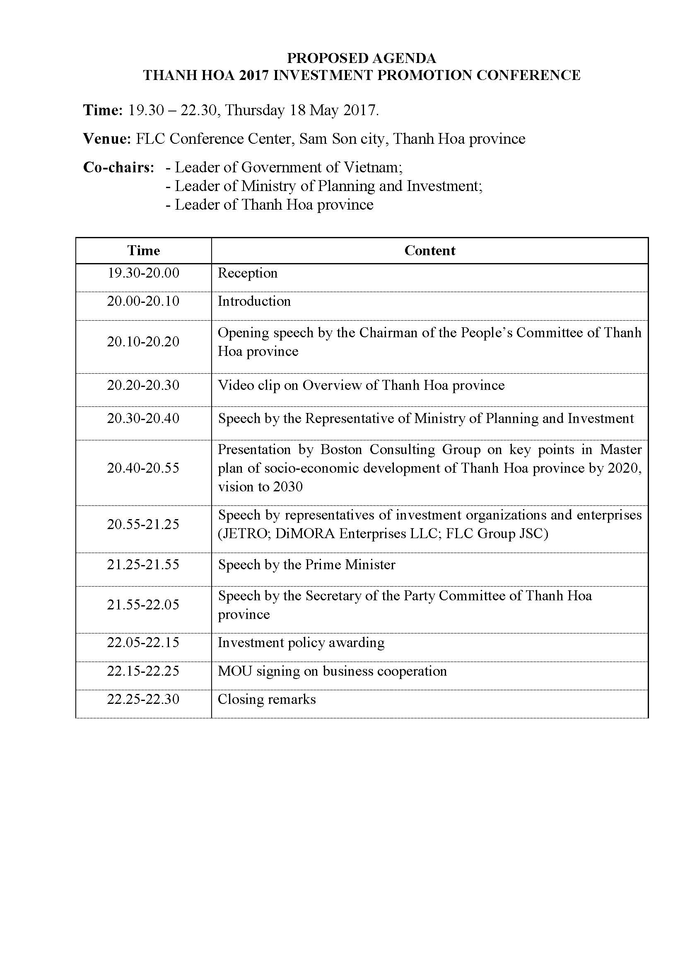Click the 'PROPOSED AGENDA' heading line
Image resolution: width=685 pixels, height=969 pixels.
[362, 58]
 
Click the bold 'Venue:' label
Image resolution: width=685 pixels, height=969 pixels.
[107, 139]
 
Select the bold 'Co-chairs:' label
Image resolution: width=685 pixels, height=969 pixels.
[118, 167]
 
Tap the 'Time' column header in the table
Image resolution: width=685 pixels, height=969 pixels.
[143, 251]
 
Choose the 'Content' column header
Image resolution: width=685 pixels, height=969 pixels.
[429, 251]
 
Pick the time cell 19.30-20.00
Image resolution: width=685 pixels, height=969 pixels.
[143, 273]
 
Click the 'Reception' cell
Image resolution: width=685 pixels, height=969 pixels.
[248, 273]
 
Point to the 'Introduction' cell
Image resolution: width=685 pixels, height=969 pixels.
[254, 301]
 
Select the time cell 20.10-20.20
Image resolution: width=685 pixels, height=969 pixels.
[143, 341]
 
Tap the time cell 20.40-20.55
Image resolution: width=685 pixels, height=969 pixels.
[143, 468]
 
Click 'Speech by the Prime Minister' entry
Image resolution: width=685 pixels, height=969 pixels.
[306, 565]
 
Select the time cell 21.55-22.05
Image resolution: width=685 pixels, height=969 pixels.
[143, 605]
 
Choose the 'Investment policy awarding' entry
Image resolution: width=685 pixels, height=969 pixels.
[301, 643]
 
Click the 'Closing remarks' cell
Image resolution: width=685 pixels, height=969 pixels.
[267, 699]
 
